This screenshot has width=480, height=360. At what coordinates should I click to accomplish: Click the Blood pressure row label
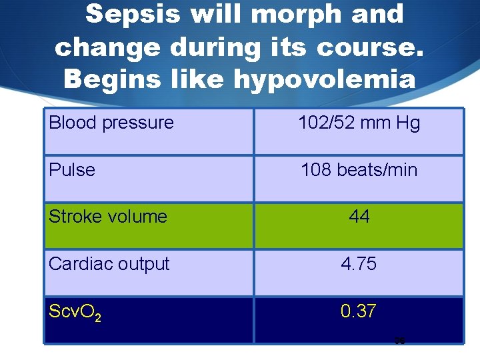click(111, 123)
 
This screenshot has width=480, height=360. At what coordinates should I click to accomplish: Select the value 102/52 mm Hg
click(359, 123)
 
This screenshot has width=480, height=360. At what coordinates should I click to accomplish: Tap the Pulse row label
click(72, 170)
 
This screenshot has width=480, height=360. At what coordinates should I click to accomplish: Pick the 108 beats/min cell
click(359, 170)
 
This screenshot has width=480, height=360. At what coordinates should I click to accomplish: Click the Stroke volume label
click(108, 217)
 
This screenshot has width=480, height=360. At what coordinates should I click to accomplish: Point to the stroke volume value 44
click(359, 217)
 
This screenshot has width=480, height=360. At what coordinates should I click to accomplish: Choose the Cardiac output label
click(109, 264)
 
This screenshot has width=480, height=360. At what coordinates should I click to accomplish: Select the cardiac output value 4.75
click(359, 264)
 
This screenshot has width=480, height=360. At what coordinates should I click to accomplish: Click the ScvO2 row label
click(75, 311)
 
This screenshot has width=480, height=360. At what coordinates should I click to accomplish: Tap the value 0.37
click(359, 311)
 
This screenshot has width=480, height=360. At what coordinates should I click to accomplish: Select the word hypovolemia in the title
click(324, 79)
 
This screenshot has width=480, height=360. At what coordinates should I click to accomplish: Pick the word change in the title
click(107, 47)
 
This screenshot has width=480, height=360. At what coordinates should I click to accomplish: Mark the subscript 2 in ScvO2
click(98, 316)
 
